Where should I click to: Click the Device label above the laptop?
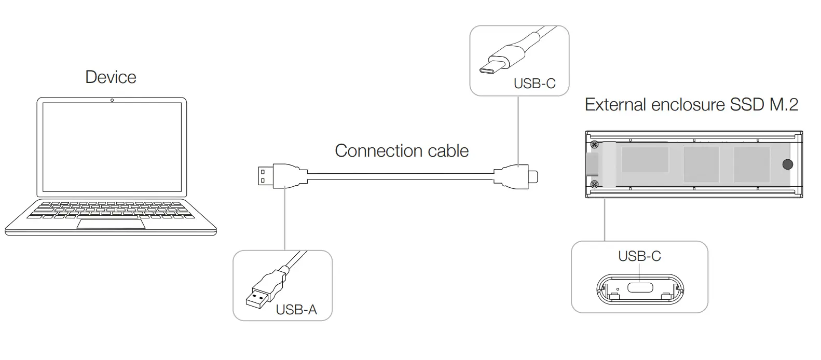click(111, 77)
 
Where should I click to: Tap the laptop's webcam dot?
click(112, 100)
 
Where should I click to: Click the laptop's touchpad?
click(111, 224)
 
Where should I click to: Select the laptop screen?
click(112, 147)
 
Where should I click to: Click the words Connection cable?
click(401, 151)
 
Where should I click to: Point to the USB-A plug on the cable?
click(266, 175)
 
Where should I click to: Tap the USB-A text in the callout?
click(296, 310)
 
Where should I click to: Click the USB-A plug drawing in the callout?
click(262, 293)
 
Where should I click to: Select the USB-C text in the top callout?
click(534, 84)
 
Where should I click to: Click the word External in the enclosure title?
click(614, 105)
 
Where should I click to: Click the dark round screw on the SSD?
click(787, 165)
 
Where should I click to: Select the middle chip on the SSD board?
click(701, 164)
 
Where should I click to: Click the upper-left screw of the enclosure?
click(595, 145)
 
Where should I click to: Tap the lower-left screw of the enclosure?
click(595, 184)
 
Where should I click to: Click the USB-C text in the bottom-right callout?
click(639, 256)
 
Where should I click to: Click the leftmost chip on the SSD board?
click(645, 160)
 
